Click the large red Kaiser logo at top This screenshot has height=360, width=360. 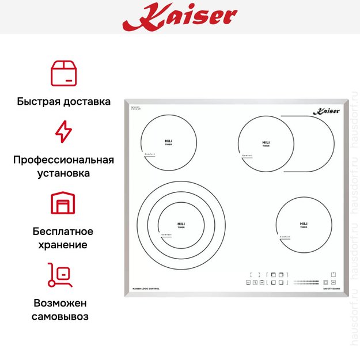click(x=179, y=16)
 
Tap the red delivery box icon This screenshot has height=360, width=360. click(x=64, y=73)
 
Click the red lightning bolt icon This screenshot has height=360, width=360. click(x=63, y=131)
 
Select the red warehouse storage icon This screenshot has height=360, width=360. click(x=63, y=203)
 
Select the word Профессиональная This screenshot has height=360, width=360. click(x=63, y=160)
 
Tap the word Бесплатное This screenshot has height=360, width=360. click(x=63, y=232)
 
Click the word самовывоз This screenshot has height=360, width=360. click(x=63, y=316)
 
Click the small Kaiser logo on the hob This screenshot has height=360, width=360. click(x=324, y=112)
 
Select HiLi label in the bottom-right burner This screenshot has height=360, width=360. click(x=304, y=223)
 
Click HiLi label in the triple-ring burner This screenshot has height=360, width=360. click(x=181, y=223)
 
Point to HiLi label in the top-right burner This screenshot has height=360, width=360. click(x=266, y=142)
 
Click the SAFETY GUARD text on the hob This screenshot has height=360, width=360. click(x=332, y=288)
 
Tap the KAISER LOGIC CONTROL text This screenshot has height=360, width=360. click(x=146, y=288)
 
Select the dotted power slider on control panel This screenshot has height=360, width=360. click(x=305, y=282)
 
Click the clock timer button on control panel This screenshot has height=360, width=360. click(x=255, y=282)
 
